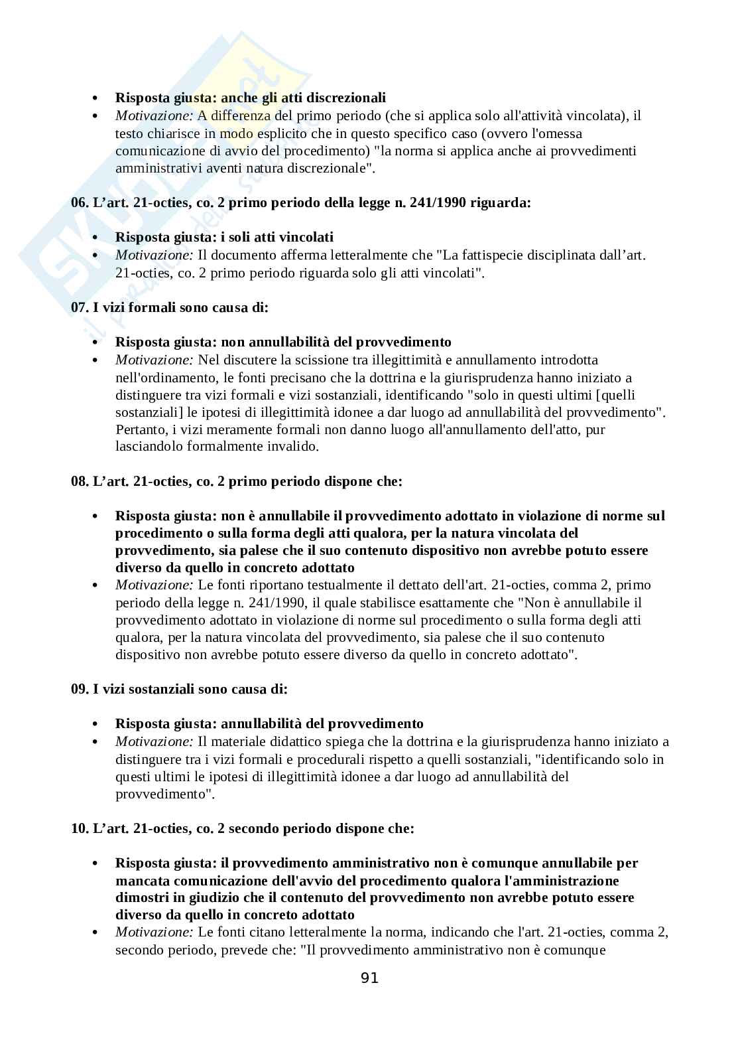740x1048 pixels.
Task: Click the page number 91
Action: (369, 978)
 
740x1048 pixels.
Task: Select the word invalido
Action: (293, 447)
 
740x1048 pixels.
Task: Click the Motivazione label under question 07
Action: (154, 360)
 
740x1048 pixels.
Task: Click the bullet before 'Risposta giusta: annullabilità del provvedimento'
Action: (97, 724)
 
